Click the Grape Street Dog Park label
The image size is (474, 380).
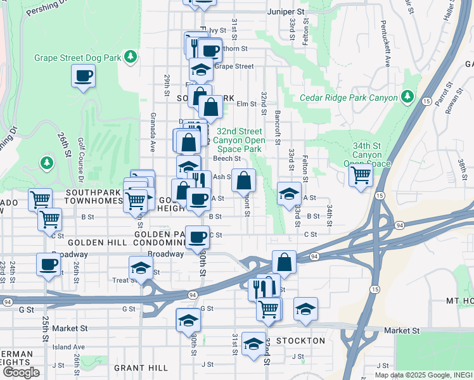[x=78, y=58]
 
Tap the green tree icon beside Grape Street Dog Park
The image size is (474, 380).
[x=131, y=58]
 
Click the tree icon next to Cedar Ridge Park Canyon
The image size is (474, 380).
[x=408, y=98]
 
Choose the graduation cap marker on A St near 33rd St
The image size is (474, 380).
[x=289, y=193]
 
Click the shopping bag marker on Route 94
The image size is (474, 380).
[x=285, y=262]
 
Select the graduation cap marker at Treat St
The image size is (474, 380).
[x=141, y=267]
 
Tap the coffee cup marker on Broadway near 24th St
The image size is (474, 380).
[x=48, y=264]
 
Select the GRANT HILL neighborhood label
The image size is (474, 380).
[x=141, y=367]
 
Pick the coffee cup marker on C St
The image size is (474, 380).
[x=197, y=237]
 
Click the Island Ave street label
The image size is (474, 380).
[x=68, y=347]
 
